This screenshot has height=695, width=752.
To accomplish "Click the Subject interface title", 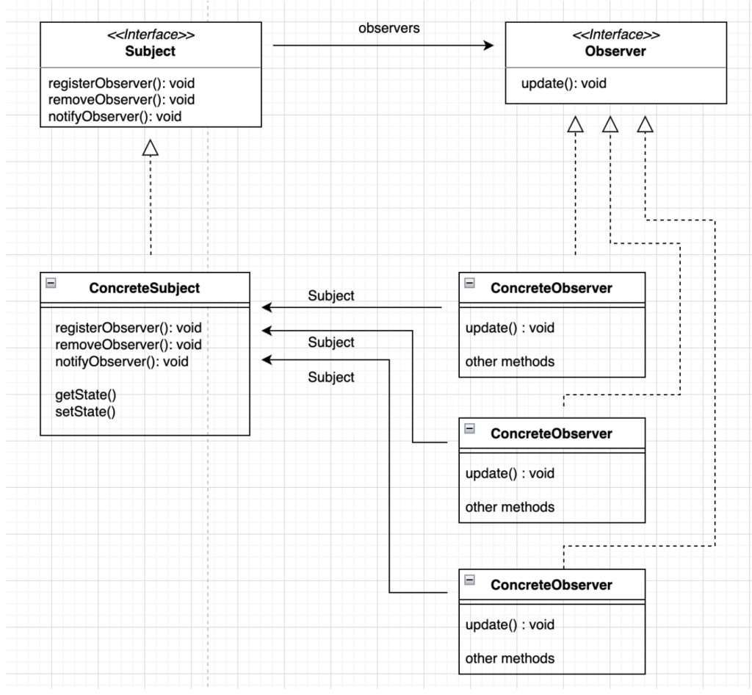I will [151, 52].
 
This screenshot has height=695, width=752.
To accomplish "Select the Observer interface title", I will [615, 52].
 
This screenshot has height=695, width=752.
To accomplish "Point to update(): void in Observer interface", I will [563, 84].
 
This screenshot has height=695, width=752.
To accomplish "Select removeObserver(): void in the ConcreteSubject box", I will [128, 345].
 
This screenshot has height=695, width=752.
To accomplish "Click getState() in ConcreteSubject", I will [85, 395].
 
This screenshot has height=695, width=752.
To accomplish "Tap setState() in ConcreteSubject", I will [85, 411].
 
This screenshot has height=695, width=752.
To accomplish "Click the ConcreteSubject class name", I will [144, 289].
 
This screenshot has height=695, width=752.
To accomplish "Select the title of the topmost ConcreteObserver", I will [551, 289].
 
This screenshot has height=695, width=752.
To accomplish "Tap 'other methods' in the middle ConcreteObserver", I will [510, 507].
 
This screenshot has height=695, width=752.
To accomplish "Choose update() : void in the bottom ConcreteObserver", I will [510, 624].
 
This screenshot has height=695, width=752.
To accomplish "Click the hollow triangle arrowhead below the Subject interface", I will [151, 149].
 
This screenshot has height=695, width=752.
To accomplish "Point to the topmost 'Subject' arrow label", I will [330, 296].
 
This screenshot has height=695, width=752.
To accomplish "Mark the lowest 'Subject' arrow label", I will [330, 377].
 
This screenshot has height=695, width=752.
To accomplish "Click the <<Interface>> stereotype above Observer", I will [615, 35].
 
